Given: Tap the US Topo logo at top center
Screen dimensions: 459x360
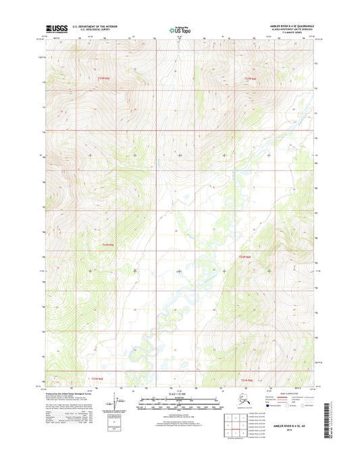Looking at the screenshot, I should [180, 29].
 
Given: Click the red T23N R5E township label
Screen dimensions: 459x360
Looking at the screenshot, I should [103, 78].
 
